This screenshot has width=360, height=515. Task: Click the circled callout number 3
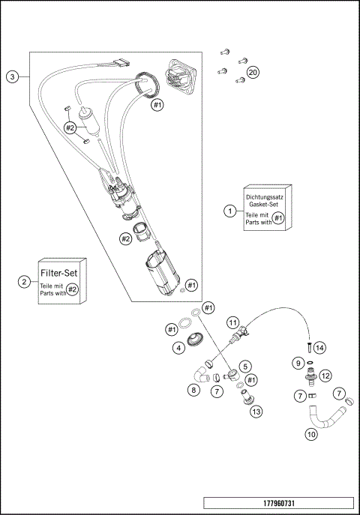pyautogui.click(x=12, y=76)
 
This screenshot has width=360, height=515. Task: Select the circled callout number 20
pyautogui.click(x=253, y=72)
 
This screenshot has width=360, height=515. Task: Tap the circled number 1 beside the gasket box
pyautogui.click(x=230, y=211)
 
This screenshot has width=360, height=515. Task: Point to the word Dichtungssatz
pyautogui.click(x=267, y=196)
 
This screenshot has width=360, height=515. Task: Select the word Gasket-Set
pyautogui.click(x=266, y=204)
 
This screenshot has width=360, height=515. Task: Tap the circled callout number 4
pyautogui.click(x=178, y=347)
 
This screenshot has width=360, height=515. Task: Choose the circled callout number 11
pyautogui.click(x=234, y=323)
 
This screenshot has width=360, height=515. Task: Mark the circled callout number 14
pyautogui.click(x=320, y=348)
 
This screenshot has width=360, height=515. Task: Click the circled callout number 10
pyautogui.click(x=310, y=433)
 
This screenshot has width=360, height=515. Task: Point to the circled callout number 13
pyautogui.click(x=256, y=411)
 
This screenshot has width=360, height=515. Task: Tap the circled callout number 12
pyautogui.click(x=325, y=375)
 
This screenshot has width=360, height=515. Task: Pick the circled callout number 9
pyautogui.click(x=298, y=363)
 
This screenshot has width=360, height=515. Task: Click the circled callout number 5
pyautogui.click(x=245, y=366)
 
